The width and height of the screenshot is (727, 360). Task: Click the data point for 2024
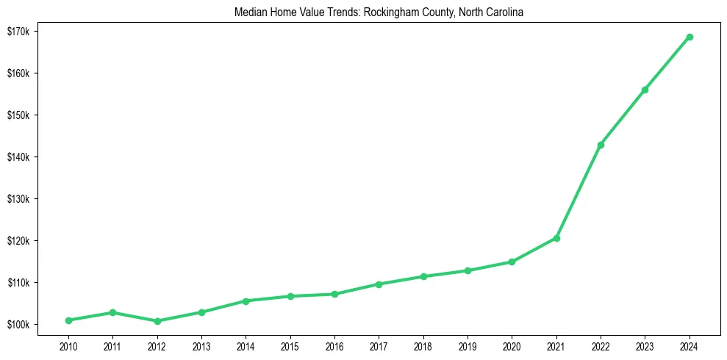[x=690, y=37]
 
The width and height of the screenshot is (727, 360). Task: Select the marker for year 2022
[x=601, y=145]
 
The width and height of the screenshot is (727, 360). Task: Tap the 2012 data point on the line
[x=157, y=321]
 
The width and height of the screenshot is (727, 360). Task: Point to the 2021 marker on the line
[x=556, y=238]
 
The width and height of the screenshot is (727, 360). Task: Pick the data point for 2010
[x=68, y=320]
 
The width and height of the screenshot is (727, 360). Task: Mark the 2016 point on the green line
[x=334, y=294]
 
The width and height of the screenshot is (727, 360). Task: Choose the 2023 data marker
[x=645, y=90]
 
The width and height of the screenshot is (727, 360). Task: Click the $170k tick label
[x=18, y=32]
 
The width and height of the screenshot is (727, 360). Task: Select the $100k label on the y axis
[x=18, y=325]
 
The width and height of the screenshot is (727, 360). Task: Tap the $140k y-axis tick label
[x=18, y=157]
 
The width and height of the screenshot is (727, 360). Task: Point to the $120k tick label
[x=18, y=241]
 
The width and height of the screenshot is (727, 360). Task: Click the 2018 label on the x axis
[x=423, y=345]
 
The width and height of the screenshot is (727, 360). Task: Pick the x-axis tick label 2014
[x=246, y=345]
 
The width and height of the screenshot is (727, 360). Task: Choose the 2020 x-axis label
[x=512, y=345]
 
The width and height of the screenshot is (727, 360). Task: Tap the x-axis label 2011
[x=112, y=345]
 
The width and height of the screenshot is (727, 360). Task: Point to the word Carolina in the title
[x=504, y=13]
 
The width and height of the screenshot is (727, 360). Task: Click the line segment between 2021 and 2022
[x=579, y=192]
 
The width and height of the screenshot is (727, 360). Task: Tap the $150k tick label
[x=18, y=115]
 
